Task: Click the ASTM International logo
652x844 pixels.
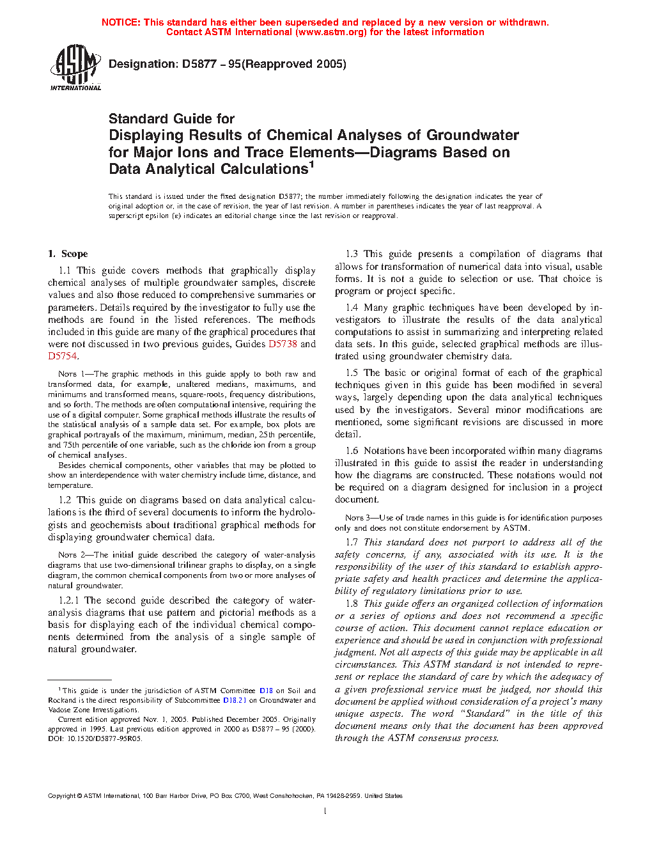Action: [x=75, y=67]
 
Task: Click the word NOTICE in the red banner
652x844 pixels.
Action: [x=120, y=22]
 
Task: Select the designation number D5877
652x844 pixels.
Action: [x=199, y=64]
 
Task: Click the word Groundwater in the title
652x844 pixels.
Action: [x=472, y=135]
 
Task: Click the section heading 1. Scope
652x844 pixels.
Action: [x=68, y=254]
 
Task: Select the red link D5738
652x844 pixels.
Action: [x=283, y=344]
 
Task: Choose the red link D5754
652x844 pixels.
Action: [x=62, y=356]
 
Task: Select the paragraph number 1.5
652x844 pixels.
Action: [x=352, y=373]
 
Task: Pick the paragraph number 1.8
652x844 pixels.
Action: [x=352, y=604]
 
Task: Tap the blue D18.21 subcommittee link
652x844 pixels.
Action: [x=235, y=700]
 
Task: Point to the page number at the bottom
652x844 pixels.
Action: [x=325, y=811]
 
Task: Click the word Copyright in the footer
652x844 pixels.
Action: [x=61, y=796]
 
